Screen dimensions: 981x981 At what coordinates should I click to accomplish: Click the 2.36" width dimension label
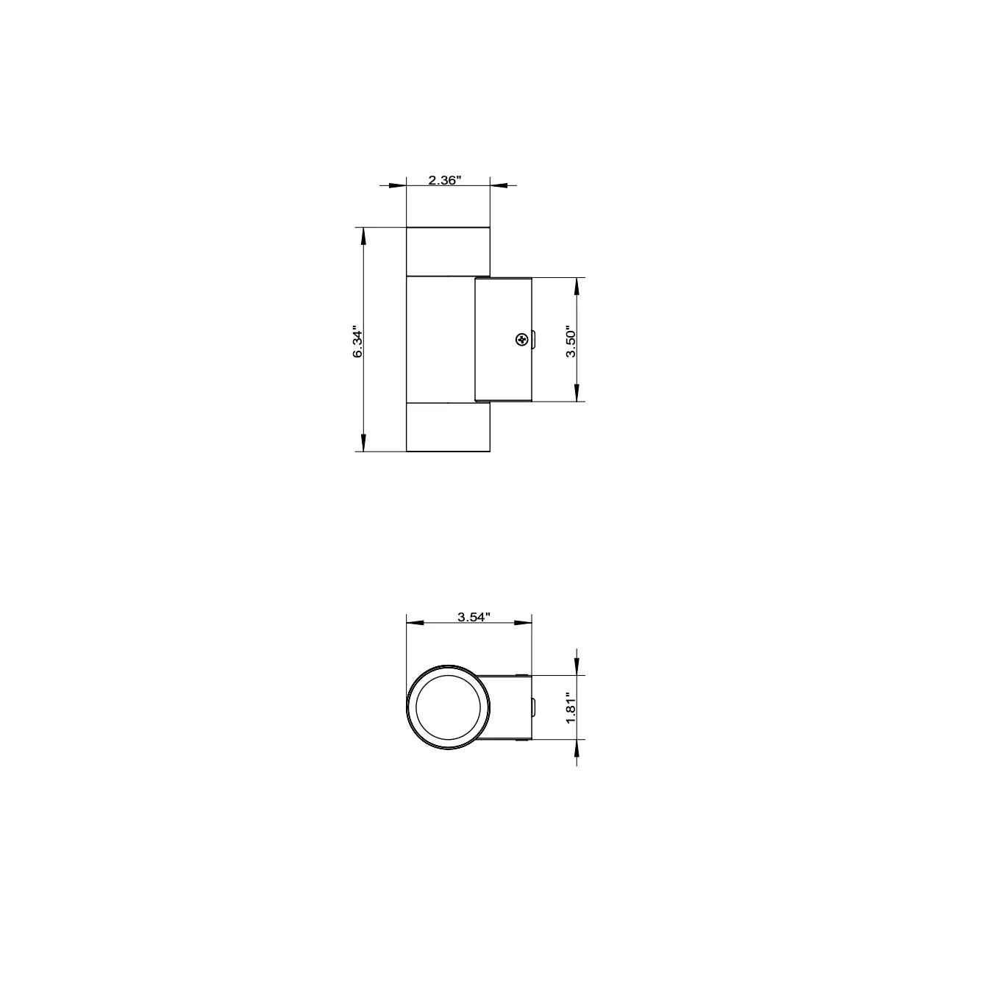tap(444, 180)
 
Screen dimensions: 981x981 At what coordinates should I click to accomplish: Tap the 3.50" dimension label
tap(570, 340)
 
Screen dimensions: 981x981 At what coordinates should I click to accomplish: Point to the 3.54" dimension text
tap(474, 617)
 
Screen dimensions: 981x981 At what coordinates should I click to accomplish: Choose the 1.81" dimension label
tap(570, 707)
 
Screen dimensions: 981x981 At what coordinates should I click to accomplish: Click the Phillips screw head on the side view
tap(521, 339)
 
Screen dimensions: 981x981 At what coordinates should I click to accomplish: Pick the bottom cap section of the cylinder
tap(448, 427)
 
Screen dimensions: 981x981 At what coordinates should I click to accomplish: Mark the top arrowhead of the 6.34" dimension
tap(361, 235)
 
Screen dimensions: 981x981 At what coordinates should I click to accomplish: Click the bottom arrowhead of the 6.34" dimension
tap(361, 443)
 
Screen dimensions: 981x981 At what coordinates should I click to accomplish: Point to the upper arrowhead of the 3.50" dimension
tap(577, 285)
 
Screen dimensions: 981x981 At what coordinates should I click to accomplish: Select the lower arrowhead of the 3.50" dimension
tap(577, 394)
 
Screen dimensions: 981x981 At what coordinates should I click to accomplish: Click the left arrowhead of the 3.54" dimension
tap(415, 623)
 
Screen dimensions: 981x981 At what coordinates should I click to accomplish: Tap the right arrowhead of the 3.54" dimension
tap(524, 623)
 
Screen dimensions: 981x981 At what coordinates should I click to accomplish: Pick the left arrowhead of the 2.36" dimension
tap(399, 185)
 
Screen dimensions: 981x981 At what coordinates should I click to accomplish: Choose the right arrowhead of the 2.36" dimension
tap(499, 185)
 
